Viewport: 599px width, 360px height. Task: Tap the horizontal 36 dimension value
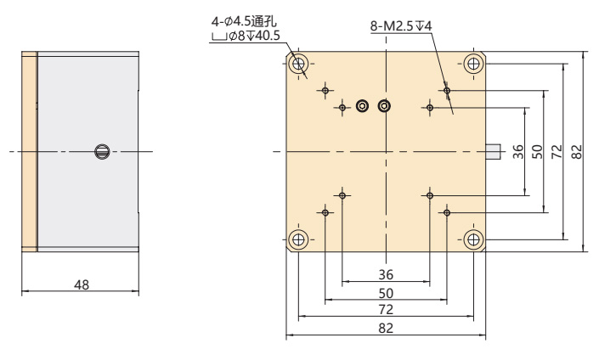386,273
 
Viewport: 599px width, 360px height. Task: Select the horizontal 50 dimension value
386,292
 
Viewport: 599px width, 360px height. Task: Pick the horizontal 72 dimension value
386,311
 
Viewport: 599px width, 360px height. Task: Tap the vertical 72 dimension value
556,151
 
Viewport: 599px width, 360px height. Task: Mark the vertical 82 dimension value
576,151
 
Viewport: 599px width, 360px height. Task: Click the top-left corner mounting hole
299,64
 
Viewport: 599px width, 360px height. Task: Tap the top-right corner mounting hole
473,64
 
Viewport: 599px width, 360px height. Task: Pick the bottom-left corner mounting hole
299,239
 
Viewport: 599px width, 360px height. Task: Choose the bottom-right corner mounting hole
473,239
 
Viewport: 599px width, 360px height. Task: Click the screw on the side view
102,151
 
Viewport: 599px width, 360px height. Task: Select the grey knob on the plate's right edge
492,151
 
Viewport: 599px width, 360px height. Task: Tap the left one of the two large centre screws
363,106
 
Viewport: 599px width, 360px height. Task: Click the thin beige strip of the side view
30,151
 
